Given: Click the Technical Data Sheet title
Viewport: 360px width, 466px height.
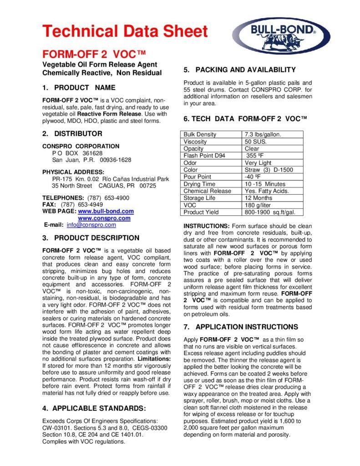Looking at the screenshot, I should (x=125, y=31).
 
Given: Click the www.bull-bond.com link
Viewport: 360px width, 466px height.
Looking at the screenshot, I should (x=106, y=211).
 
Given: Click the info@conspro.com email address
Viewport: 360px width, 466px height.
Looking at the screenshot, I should (x=91, y=225).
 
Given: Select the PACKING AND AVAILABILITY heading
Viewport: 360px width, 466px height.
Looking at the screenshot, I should (x=239, y=70).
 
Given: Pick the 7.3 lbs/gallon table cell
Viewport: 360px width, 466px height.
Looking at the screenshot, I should (x=264, y=134).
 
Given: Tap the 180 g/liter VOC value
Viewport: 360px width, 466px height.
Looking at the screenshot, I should (x=259, y=205).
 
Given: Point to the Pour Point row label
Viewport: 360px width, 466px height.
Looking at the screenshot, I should (x=197, y=177).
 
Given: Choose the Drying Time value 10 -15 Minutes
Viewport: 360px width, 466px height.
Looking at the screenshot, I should (x=265, y=184).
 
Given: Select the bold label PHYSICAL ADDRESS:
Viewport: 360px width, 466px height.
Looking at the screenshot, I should (x=73, y=172).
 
